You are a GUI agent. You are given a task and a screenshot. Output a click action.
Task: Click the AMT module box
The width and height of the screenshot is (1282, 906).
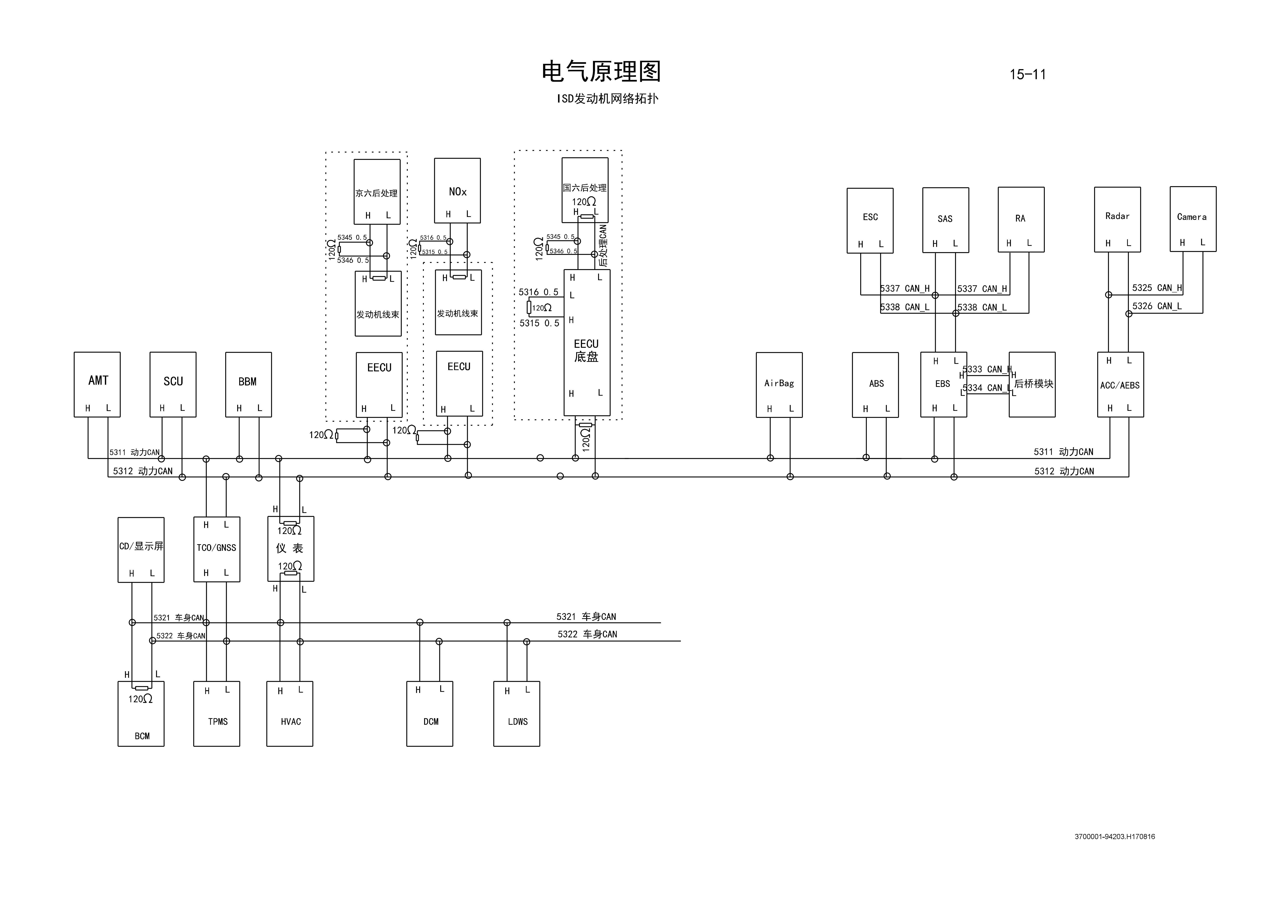pos(97,385)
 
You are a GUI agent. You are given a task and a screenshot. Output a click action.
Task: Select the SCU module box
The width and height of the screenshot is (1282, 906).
pos(173,385)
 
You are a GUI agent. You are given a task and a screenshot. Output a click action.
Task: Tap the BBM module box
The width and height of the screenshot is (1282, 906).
pos(249,385)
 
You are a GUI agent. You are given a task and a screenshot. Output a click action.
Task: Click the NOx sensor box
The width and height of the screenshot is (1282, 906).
pos(457,190)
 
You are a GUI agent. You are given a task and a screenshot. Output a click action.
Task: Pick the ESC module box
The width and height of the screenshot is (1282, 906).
pos(870,221)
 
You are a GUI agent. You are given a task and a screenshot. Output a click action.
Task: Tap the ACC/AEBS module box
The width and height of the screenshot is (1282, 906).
pos(1120,385)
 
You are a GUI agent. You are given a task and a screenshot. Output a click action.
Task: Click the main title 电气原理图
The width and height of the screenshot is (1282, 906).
pos(601,71)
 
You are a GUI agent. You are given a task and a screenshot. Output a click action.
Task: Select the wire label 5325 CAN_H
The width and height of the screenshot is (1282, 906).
pos(1156,288)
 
